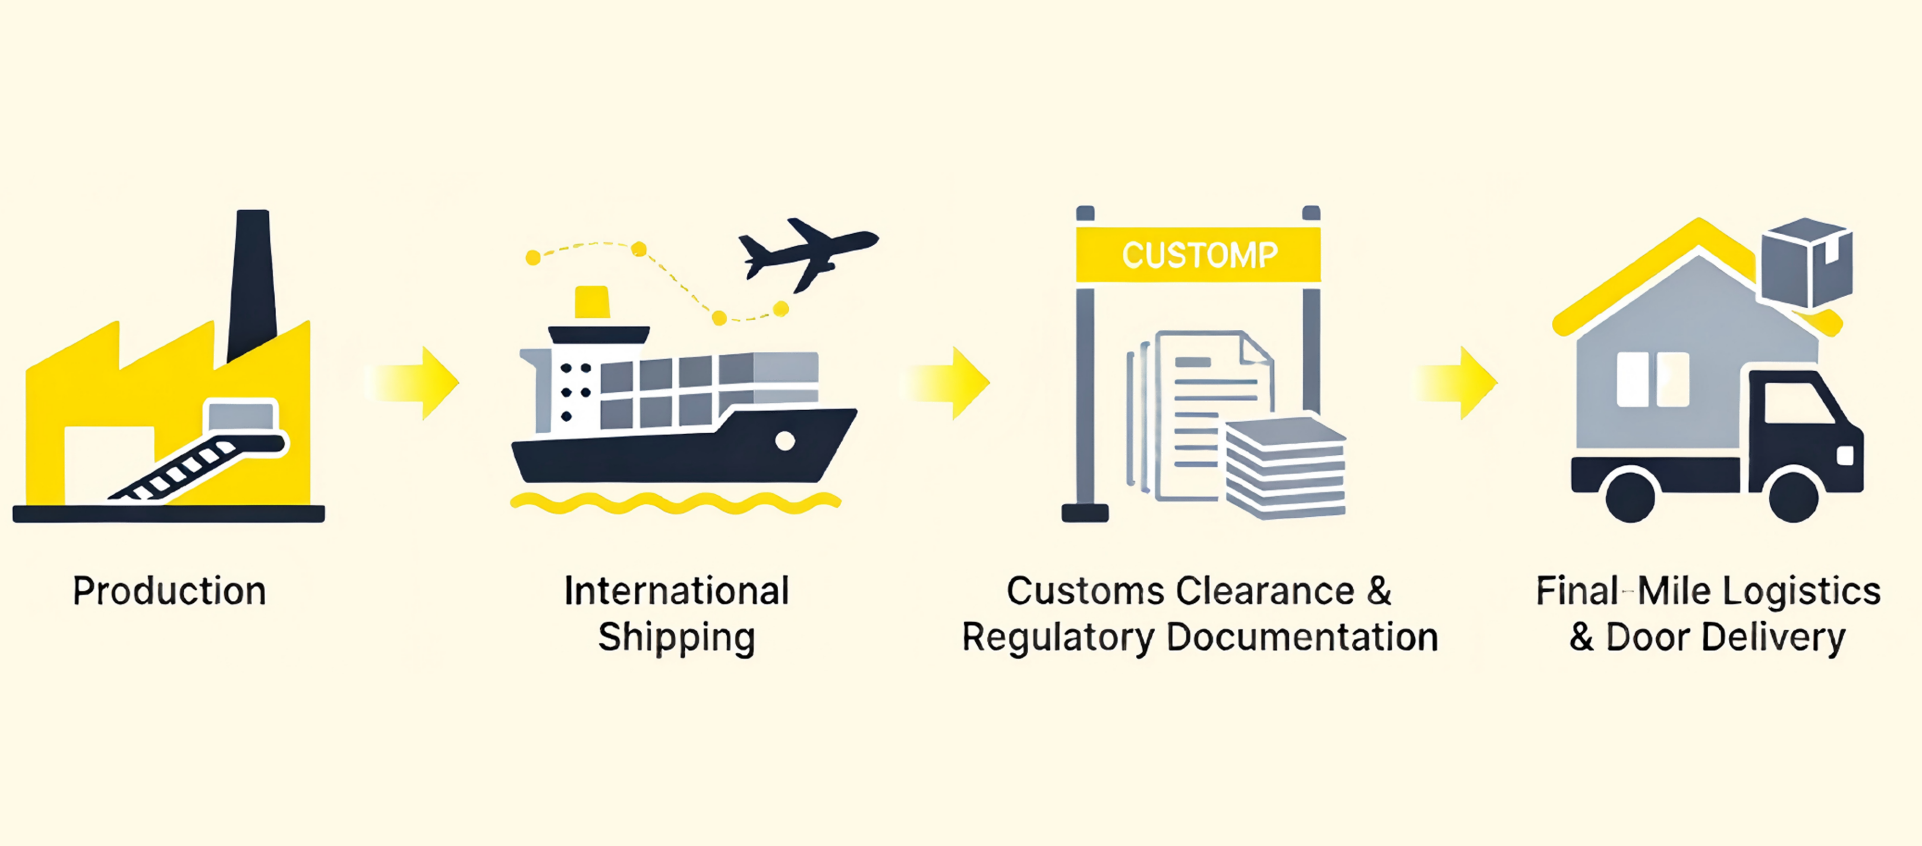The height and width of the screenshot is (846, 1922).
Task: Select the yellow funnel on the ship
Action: coord(592,302)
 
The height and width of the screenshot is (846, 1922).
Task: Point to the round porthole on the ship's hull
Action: coord(784,441)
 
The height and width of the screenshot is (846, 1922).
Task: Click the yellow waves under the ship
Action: coord(675,503)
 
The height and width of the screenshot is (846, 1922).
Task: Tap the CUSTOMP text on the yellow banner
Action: coord(1199,255)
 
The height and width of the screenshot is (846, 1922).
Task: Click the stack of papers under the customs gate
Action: coord(1285,467)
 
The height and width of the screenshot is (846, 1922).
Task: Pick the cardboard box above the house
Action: coord(1805,261)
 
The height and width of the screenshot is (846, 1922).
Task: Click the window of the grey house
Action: coord(1652,380)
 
